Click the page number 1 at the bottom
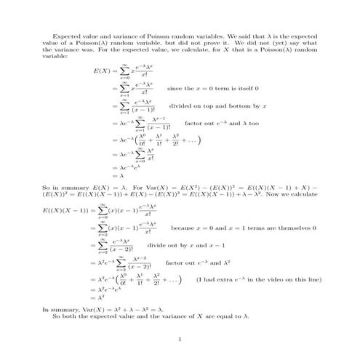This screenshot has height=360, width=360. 180,340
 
